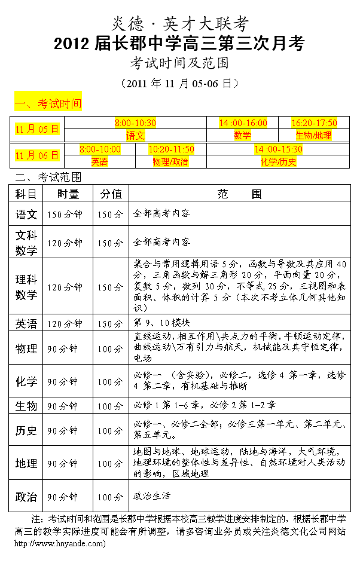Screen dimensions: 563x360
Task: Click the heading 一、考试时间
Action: point(48,103)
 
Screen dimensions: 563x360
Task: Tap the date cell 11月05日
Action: point(38,128)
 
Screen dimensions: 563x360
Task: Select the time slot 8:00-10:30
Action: point(135,123)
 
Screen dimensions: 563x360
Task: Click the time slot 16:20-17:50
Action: point(314,123)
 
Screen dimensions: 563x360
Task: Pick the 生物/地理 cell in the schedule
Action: point(314,135)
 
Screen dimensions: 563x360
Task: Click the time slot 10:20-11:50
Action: point(171,149)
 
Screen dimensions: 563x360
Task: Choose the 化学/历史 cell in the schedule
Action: point(278,161)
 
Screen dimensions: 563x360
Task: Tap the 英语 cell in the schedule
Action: point(100,161)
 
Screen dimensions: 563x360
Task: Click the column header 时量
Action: point(68,194)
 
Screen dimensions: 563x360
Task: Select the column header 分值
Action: point(111,194)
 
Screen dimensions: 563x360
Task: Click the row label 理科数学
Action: point(26,287)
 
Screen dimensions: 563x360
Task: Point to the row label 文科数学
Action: point(26,243)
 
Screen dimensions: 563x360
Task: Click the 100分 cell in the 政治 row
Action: point(111,497)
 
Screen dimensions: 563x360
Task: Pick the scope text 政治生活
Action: point(152,496)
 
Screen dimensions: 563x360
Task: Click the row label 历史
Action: point(26,430)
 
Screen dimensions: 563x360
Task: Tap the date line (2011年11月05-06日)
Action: point(179,82)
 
